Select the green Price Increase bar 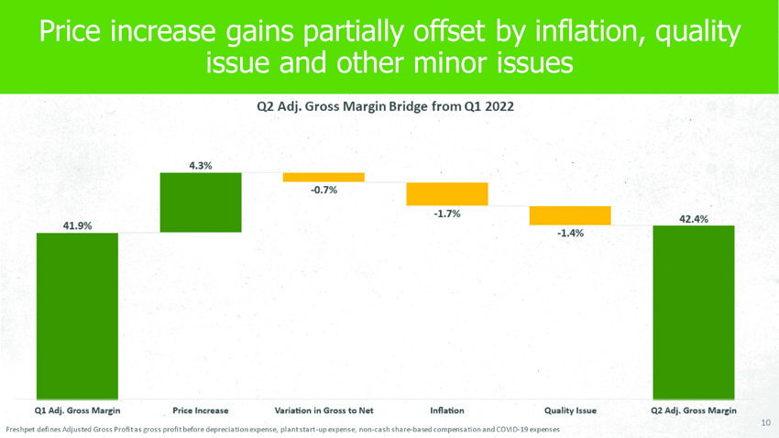tap(200, 203)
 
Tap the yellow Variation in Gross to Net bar tap(324, 177)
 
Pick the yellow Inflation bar tap(446, 193)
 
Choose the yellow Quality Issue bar tap(569, 215)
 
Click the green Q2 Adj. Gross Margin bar tap(693, 311)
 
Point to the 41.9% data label tap(77, 225)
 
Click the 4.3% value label tap(200, 166)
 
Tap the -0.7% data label tap(324, 191)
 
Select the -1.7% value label tap(446, 214)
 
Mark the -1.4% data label tap(570, 233)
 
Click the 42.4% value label tap(693, 219)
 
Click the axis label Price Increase tap(200, 410)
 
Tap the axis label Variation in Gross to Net tap(324, 410)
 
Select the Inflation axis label tap(446, 410)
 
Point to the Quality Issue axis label tap(570, 410)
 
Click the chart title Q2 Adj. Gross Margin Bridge tap(384, 106)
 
